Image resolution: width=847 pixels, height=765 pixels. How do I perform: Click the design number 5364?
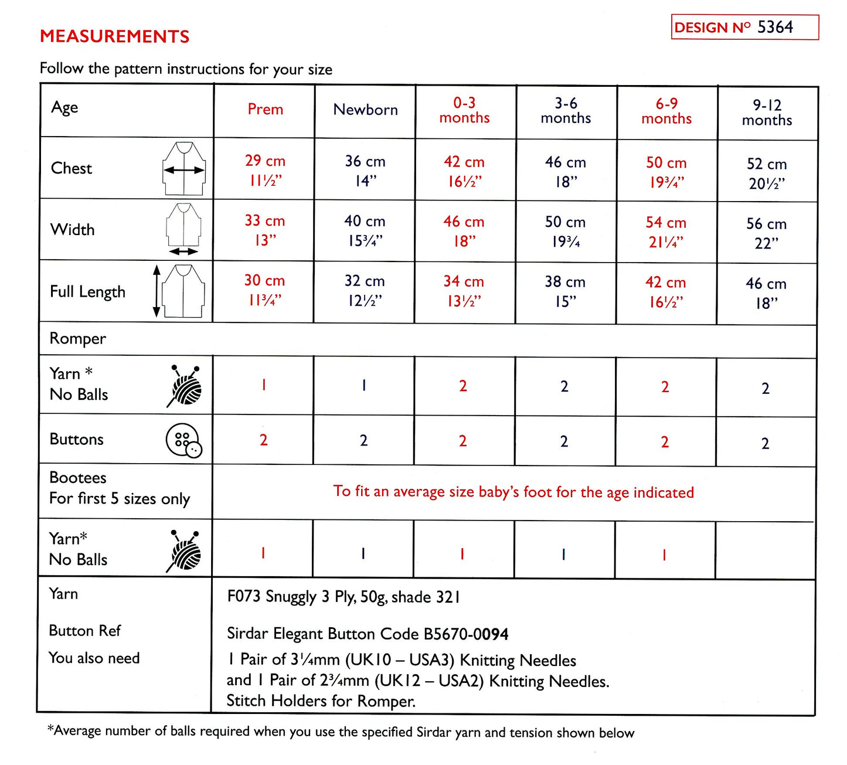[x=775, y=27]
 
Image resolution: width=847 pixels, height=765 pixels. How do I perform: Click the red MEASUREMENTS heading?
[x=115, y=36]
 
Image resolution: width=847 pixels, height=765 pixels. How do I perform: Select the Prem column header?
[x=265, y=110]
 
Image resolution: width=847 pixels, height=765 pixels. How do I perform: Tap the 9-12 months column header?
[x=767, y=113]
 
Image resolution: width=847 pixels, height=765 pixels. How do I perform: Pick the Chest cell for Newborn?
[x=365, y=171]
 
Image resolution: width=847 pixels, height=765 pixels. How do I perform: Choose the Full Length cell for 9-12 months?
[x=766, y=293]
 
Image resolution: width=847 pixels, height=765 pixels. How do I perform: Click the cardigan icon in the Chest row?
[x=184, y=169]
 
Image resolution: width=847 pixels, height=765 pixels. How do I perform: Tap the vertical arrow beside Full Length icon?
[x=157, y=291]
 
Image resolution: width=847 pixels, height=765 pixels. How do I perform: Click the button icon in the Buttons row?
[x=183, y=440]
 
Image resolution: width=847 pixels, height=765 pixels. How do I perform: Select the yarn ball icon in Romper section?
[x=185, y=386]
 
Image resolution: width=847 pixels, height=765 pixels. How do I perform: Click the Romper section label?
[x=78, y=339]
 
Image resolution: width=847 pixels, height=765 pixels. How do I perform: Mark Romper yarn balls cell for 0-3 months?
[x=463, y=386]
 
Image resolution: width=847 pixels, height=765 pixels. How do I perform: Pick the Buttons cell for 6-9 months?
[x=665, y=442]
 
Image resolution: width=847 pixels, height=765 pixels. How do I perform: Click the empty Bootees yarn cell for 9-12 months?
[x=765, y=551]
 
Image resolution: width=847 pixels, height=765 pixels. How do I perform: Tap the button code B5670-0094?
[x=466, y=634]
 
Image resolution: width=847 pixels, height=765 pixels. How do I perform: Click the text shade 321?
[x=426, y=597]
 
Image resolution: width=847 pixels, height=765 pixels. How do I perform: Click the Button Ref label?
[x=85, y=631]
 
